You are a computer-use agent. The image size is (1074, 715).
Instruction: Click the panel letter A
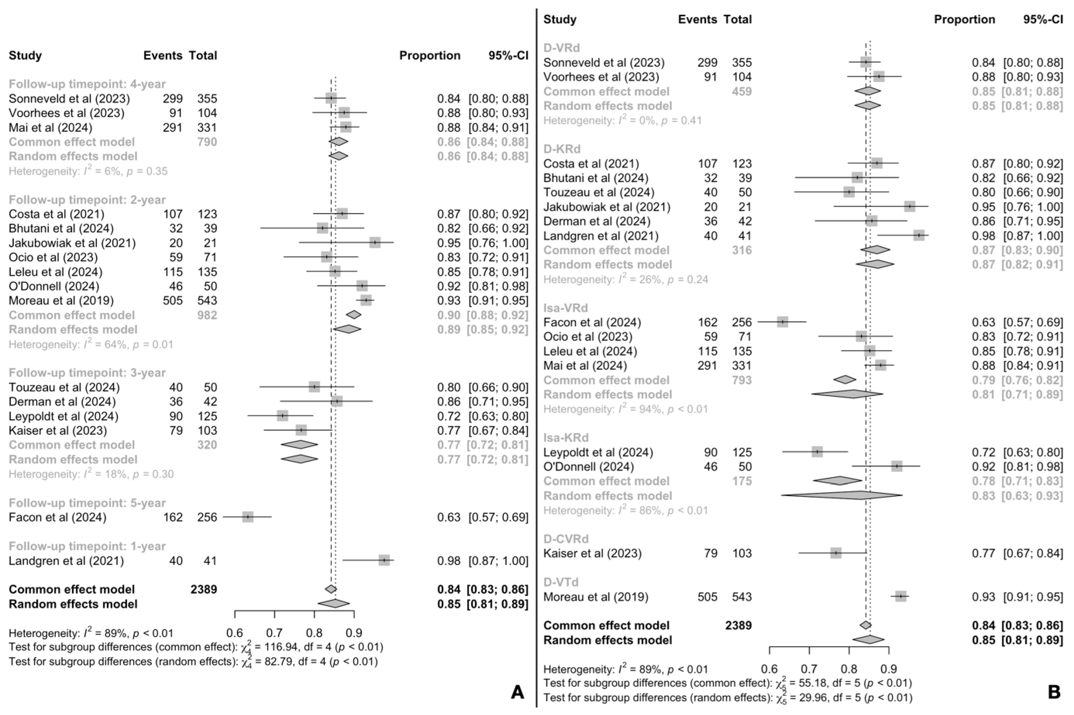[x=517, y=692]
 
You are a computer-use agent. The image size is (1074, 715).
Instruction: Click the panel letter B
[x=1054, y=692]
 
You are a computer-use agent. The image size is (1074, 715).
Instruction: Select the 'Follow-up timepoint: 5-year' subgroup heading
[x=87, y=503]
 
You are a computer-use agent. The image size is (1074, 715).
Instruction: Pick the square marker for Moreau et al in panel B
[x=900, y=597]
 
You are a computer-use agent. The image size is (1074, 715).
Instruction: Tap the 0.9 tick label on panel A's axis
[x=354, y=633]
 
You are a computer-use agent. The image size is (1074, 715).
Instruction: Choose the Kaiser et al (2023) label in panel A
[x=58, y=431]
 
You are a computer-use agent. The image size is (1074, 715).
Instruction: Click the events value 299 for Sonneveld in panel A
[x=173, y=99]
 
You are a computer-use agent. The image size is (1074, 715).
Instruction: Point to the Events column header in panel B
[x=697, y=20]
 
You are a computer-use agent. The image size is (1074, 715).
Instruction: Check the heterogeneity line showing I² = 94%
[x=625, y=409]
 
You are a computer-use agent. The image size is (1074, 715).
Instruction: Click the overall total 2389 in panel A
[x=203, y=589]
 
